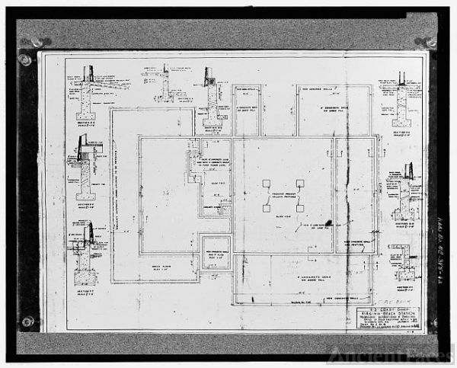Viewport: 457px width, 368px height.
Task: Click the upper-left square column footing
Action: [x=266, y=184]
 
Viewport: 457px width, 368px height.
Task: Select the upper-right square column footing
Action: [x=300, y=184]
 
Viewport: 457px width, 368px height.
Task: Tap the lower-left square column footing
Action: [x=266, y=208]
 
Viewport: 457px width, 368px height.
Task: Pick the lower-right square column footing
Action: [x=300, y=208]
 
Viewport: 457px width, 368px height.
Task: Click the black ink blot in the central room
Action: [x=328, y=223]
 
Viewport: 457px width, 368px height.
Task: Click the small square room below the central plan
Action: [x=215, y=252]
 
